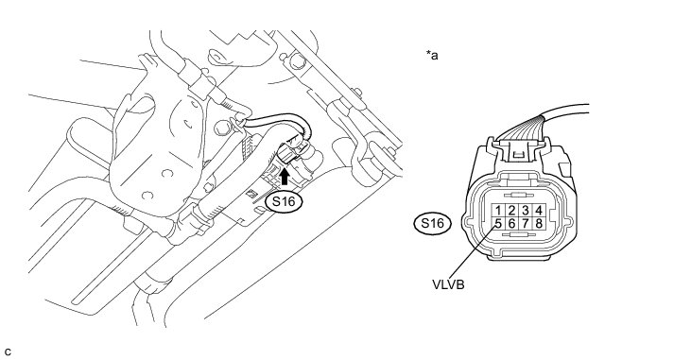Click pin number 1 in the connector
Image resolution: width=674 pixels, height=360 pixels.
pyautogui.click(x=498, y=211)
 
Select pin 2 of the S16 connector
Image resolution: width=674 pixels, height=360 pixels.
pyautogui.click(x=511, y=211)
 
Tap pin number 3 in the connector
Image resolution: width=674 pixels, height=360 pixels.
pyautogui.click(x=526, y=211)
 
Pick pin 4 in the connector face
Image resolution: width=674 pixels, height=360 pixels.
pyautogui.click(x=539, y=211)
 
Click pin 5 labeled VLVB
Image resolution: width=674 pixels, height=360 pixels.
pyautogui.click(x=498, y=224)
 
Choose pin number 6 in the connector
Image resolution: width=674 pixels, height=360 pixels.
pyautogui.click(x=511, y=224)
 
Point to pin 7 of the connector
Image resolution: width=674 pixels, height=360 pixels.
pyautogui.click(x=526, y=224)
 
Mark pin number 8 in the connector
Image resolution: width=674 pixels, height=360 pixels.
pyautogui.click(x=539, y=224)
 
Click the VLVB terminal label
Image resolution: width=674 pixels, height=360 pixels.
pyautogui.click(x=448, y=284)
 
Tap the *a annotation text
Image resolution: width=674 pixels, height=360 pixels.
pyautogui.click(x=432, y=55)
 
